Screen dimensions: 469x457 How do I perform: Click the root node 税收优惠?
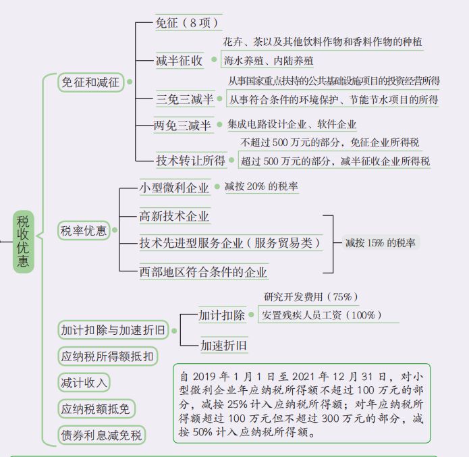(24, 242)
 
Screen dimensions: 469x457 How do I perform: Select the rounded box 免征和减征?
(90, 82)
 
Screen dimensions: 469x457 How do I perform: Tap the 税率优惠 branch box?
(84, 230)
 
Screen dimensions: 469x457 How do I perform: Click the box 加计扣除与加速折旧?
(113, 330)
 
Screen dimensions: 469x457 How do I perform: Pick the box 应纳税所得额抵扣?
(108, 356)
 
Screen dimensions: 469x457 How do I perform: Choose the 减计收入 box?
(84, 383)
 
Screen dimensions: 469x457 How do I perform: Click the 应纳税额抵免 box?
(96, 409)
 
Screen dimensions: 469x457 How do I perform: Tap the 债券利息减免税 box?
(102, 435)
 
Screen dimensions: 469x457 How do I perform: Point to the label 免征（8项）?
(188, 23)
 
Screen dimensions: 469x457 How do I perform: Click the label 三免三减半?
(185, 99)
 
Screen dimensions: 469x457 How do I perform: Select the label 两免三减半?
(182, 125)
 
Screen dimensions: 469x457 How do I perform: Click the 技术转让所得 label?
(191, 161)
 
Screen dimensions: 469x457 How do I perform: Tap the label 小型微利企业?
(174, 188)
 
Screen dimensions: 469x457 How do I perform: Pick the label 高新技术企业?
(174, 216)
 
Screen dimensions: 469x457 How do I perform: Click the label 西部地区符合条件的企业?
(203, 272)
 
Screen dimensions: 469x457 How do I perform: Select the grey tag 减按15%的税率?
(381, 242)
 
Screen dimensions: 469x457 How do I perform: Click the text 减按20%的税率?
(261, 186)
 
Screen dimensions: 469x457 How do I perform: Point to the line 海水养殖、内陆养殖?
(269, 61)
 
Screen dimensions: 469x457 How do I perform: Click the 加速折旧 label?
(224, 346)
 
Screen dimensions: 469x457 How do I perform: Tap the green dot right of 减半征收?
(214, 59)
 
